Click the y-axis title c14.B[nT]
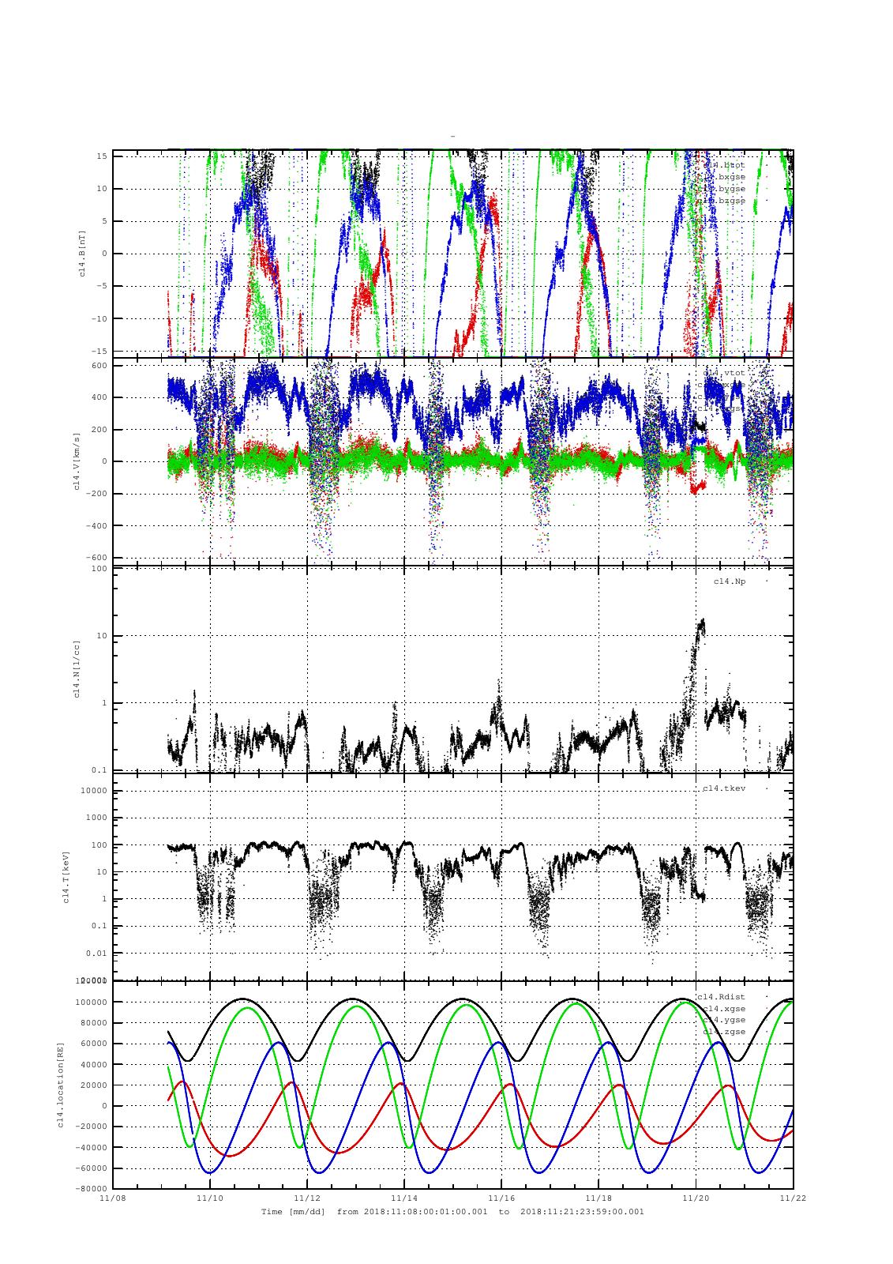coord(82,252)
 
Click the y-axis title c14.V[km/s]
coord(77,461)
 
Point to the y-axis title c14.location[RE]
coord(61,1085)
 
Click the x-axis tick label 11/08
coord(113,1198)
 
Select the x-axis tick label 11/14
coord(404,1198)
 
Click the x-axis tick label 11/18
coord(598,1198)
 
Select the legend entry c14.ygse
coord(724,1020)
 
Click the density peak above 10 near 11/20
coord(701,623)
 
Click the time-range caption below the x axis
coord(452,1211)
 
